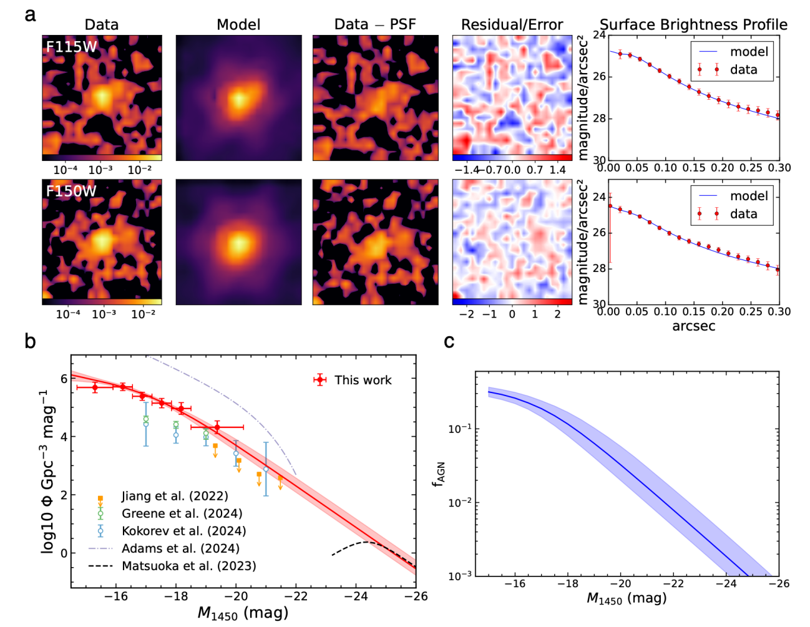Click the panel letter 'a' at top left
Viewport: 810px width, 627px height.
31,14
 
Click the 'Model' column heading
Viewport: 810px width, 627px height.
238,25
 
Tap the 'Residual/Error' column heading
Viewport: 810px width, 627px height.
512,25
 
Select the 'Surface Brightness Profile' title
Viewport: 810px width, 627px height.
693,25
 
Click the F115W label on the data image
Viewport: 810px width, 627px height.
71,47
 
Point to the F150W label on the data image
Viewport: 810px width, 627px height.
71,191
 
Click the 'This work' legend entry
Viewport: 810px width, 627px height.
363,380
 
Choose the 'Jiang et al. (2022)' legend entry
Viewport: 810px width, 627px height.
175,496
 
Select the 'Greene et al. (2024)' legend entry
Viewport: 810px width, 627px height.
182,513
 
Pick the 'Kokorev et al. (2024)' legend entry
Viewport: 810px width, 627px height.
183,531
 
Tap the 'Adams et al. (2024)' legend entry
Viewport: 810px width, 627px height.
180,548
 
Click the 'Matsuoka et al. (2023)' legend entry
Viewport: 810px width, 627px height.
188,566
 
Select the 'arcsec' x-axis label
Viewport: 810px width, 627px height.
693,326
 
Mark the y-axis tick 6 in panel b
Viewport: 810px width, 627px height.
64,379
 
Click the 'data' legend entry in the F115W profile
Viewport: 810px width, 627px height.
743,70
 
